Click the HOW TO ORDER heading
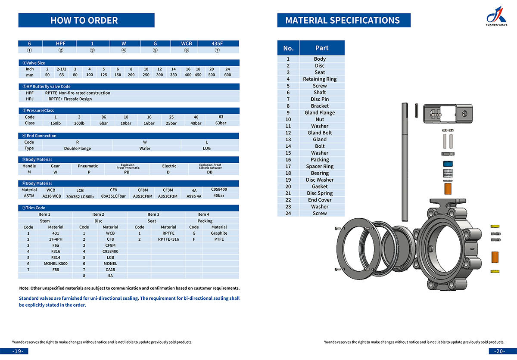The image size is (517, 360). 84,20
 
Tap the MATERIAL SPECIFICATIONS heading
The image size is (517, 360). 343,20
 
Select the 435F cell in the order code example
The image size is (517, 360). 218,43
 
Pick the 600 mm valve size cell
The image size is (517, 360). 227,75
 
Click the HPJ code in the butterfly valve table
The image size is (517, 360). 29,99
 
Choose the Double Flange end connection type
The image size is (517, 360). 77,148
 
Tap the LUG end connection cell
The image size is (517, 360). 207,148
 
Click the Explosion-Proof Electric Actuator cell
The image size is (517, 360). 210,166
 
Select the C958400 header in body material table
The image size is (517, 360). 218,189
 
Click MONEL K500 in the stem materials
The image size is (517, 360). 56,264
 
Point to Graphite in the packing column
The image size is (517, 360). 219,233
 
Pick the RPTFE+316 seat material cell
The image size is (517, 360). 168,239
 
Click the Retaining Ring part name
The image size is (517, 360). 320,79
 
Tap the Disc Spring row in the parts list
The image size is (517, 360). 320,193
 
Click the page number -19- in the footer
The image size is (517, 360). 18,351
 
